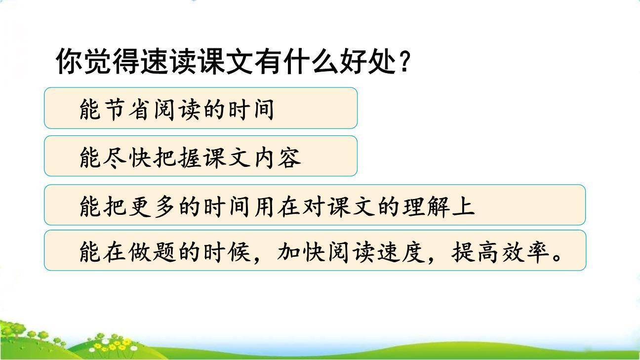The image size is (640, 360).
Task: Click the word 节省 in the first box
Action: tap(128, 110)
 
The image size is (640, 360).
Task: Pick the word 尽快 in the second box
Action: tap(128, 158)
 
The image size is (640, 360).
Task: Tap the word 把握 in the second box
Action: tap(177, 158)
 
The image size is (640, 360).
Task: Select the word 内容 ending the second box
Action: tap(276, 158)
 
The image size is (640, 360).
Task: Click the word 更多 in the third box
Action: tap(153, 206)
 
